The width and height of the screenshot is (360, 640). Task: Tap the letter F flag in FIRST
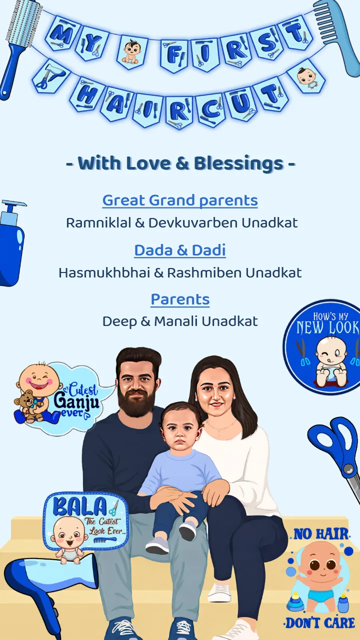point(174,54)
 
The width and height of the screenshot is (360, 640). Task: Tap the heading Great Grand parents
point(180,200)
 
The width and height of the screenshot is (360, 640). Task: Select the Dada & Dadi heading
point(180,250)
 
